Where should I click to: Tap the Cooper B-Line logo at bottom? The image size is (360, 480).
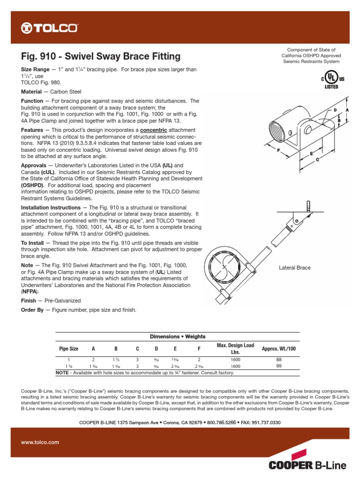click(307, 465)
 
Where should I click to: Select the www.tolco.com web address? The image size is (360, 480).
click(40, 442)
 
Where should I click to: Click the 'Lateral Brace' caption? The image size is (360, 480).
click(294, 268)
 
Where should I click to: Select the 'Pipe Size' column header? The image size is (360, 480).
click(68, 349)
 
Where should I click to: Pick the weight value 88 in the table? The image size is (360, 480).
click(279, 360)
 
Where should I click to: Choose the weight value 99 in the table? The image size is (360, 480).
click(279, 366)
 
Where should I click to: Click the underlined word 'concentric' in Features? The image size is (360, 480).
click(153, 129)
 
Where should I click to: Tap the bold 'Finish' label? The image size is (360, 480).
click(29, 300)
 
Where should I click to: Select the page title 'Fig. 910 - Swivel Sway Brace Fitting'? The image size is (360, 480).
click(101, 57)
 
